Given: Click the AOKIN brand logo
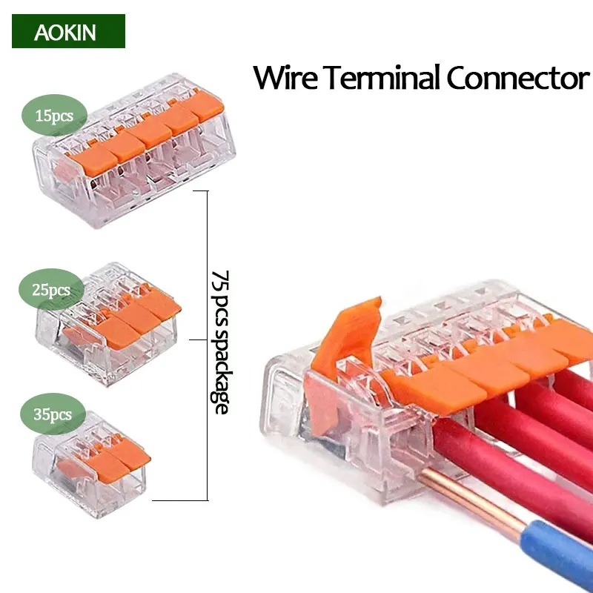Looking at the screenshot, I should (x=68, y=31).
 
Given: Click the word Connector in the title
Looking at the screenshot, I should (x=518, y=78).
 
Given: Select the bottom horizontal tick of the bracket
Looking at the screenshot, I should (x=179, y=500).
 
